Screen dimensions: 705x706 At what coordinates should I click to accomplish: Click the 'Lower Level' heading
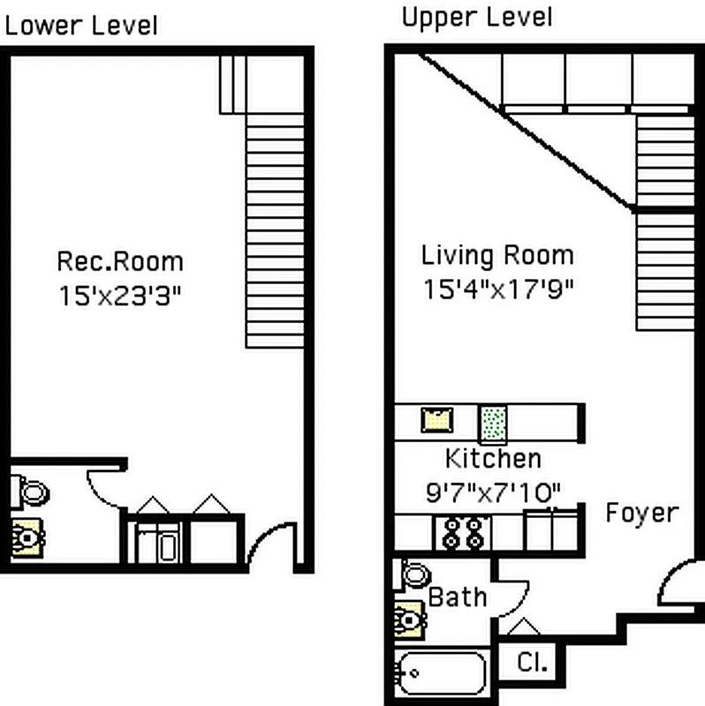click(81, 26)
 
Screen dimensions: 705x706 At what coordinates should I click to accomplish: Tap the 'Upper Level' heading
click(477, 18)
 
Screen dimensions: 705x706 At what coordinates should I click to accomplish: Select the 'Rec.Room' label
click(120, 261)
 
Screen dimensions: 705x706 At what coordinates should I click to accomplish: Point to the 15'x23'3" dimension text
click(120, 296)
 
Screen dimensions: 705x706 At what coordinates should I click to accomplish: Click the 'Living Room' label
click(497, 255)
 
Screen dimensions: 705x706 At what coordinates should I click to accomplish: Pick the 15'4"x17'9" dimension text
click(498, 289)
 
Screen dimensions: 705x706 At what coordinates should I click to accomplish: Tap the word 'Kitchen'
click(493, 459)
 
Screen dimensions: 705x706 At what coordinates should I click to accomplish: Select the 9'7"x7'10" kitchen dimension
click(493, 492)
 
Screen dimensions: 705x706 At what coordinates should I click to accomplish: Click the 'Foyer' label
click(642, 513)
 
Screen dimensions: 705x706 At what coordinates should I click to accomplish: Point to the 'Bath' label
click(457, 597)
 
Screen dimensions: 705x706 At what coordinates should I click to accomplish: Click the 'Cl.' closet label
click(533, 663)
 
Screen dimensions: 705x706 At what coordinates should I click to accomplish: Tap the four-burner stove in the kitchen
click(462, 533)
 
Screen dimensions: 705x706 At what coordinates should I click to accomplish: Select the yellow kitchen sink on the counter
click(436, 420)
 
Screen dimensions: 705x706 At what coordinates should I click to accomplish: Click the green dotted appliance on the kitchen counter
click(493, 423)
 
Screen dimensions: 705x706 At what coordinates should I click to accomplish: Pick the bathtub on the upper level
click(442, 673)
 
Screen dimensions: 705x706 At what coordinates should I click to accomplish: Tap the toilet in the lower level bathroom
click(33, 492)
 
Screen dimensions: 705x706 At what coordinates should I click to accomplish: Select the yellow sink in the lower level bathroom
click(27, 538)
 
